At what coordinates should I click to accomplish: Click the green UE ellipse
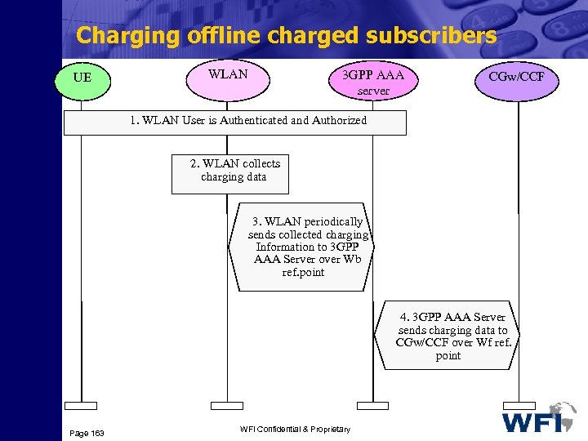point(81,78)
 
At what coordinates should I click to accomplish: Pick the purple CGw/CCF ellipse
point(517,78)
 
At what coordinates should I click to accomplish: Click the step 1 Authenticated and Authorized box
point(234,121)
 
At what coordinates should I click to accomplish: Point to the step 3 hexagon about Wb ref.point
point(310,247)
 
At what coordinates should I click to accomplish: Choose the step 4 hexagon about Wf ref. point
point(448,336)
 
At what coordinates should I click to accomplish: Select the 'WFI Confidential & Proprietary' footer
point(295,430)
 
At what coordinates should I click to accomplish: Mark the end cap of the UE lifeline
point(81,405)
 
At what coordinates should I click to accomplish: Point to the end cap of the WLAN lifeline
point(227,405)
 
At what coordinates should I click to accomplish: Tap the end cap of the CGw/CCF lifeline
point(519,405)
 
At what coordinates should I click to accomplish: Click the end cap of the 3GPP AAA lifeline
point(372,405)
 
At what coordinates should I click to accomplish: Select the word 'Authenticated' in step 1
point(247,120)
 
